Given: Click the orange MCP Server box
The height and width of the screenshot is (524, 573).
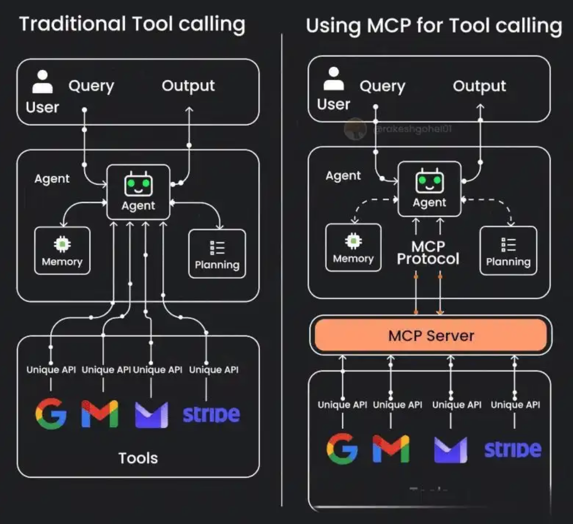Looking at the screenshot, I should pyautogui.click(x=431, y=335).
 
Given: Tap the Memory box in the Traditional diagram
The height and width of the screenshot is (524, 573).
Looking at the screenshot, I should pyautogui.click(x=62, y=251).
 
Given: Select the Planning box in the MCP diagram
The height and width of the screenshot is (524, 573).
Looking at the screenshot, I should pyautogui.click(x=508, y=251).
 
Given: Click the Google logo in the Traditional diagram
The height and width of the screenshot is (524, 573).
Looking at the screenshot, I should pyautogui.click(x=51, y=413).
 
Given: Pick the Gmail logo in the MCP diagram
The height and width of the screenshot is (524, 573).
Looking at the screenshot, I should pyautogui.click(x=391, y=448).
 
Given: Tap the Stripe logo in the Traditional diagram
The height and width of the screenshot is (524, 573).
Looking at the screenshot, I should pyautogui.click(x=211, y=414).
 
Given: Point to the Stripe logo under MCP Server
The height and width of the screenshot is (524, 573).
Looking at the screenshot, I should pyautogui.click(x=512, y=449).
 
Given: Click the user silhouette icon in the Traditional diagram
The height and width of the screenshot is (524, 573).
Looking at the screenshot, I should pyautogui.click(x=42, y=82).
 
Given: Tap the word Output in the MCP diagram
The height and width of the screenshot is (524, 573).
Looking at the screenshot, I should pyautogui.click(x=479, y=86).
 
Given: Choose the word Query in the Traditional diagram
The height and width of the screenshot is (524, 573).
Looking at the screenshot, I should pyautogui.click(x=91, y=86).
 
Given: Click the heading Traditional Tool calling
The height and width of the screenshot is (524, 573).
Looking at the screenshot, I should pyautogui.click(x=132, y=24).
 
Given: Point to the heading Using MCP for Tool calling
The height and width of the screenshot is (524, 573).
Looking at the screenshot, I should pyautogui.click(x=434, y=25).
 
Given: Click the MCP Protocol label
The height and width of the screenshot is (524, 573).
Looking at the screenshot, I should pyautogui.click(x=428, y=253).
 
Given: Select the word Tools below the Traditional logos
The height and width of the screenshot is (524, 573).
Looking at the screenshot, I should pyautogui.click(x=138, y=458).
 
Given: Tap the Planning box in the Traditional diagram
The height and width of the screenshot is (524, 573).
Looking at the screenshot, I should pyautogui.click(x=217, y=254).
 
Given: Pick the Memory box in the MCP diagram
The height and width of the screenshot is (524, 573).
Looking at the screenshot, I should pyautogui.click(x=353, y=248).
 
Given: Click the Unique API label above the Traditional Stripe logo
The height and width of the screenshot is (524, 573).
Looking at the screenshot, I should pyautogui.click(x=214, y=370).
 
